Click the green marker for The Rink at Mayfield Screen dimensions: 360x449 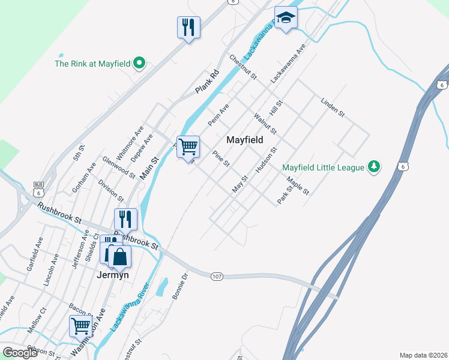coord(140,63)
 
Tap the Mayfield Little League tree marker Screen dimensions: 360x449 coord(374,167)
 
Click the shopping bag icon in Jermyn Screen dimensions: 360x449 coord(120,256)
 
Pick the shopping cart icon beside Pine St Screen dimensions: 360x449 coord(188,146)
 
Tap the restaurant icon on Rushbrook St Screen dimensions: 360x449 coord(126,219)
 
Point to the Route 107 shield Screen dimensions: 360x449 coord(217,276)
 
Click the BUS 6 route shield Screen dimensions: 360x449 coord(40,190)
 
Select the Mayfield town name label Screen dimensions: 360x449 coord(245,140)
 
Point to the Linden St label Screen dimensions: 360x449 coord(333,107)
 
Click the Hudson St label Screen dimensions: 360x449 coord(267,160)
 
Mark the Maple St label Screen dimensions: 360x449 coord(298,187)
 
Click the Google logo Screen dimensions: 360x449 coord(20,353)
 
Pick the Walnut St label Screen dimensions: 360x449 coord(265,123)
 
